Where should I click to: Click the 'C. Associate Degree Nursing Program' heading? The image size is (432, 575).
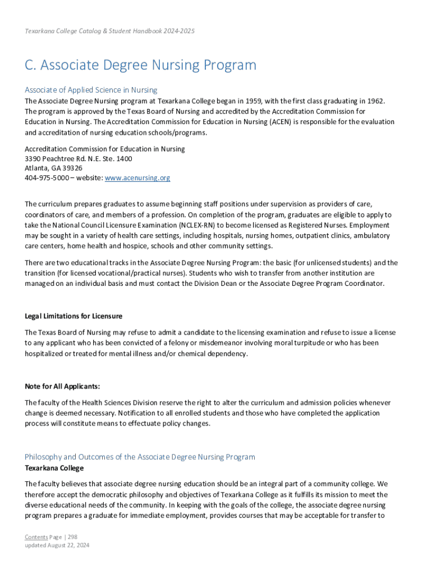140,65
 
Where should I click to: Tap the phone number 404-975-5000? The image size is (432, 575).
47,178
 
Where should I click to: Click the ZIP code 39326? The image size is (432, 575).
72,168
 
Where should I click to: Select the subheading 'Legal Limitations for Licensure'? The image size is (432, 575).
73,316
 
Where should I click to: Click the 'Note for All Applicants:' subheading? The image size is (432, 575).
62,386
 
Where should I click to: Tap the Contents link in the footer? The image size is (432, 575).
36,537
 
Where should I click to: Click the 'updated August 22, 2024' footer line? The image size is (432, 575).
57,545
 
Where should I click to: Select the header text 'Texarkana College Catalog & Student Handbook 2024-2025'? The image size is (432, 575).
109,31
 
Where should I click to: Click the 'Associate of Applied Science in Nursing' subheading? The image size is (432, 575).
91,90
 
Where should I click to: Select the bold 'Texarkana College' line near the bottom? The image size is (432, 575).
54,468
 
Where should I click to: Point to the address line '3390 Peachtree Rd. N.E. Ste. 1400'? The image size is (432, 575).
79,159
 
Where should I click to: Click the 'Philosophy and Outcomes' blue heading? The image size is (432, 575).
140,457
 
